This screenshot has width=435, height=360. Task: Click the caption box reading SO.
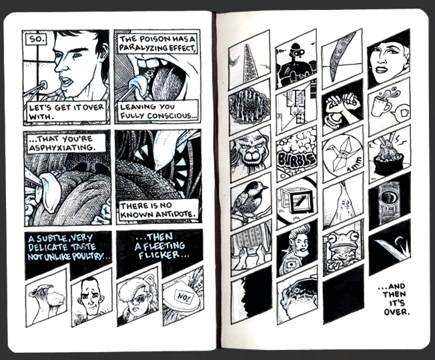pyautogui.click(x=37, y=39)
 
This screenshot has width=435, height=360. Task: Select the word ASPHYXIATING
pyautogui.click(x=62, y=147)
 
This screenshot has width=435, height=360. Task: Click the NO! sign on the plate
pyautogui.click(x=183, y=298)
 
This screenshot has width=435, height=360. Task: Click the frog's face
pyautogui.click(x=341, y=243)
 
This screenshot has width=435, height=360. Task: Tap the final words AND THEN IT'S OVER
pyautogui.click(x=394, y=299)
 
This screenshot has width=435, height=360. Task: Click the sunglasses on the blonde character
pyautogui.click(x=139, y=299)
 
